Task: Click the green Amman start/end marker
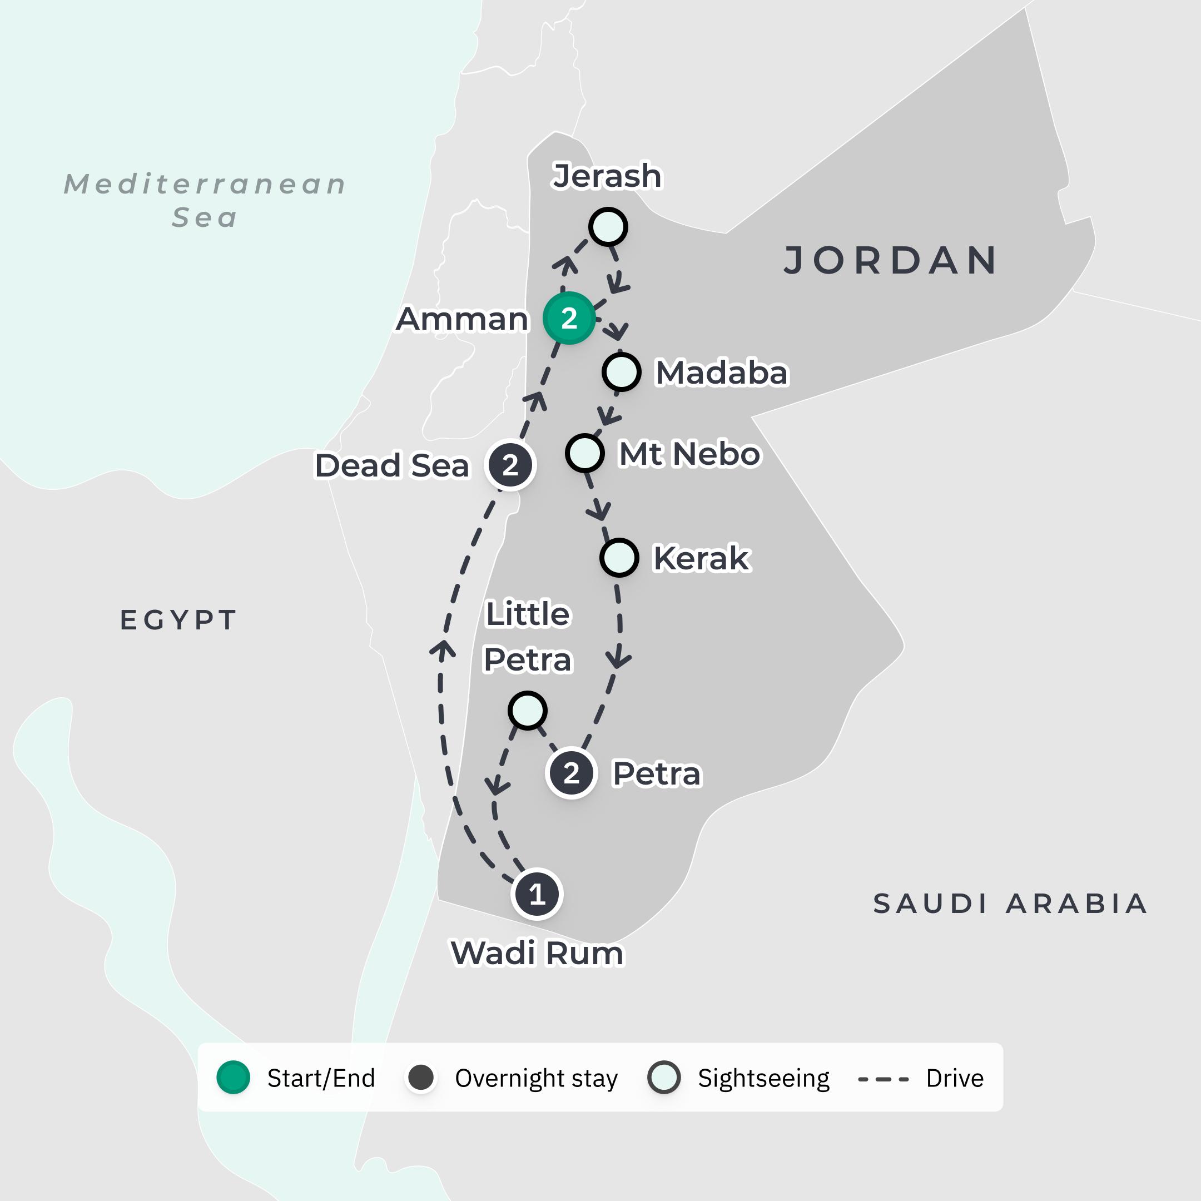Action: coord(569,317)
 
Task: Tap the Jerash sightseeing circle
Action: coord(608,227)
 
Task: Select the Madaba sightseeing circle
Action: coord(621,372)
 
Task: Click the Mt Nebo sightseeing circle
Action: coord(584,453)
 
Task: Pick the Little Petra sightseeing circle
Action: coord(527,710)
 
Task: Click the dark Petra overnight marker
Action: coord(570,773)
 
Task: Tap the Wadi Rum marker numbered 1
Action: coord(537,894)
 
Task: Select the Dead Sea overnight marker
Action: coord(510,464)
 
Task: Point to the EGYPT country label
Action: coord(178,620)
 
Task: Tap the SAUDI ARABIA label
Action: coord(1010,903)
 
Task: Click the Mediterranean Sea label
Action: coord(205,200)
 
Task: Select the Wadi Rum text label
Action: coord(537,953)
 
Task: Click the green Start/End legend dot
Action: coord(233,1078)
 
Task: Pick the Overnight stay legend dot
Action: coord(421,1078)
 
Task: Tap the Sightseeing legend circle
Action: coord(663,1078)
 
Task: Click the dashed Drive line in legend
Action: coord(883,1079)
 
